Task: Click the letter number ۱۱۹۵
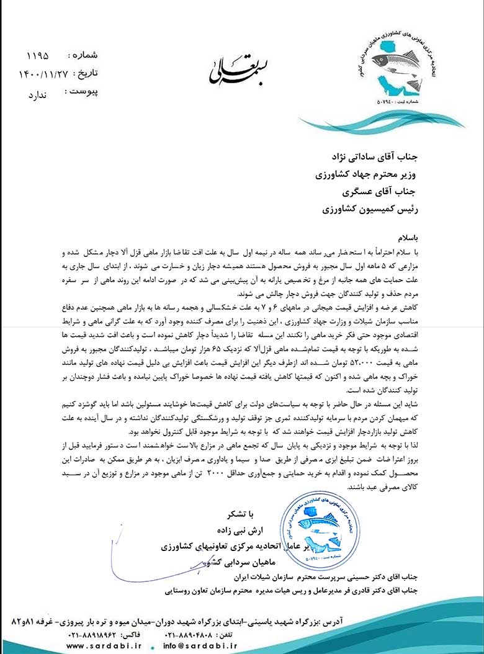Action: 37,55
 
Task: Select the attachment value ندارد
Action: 37,96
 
